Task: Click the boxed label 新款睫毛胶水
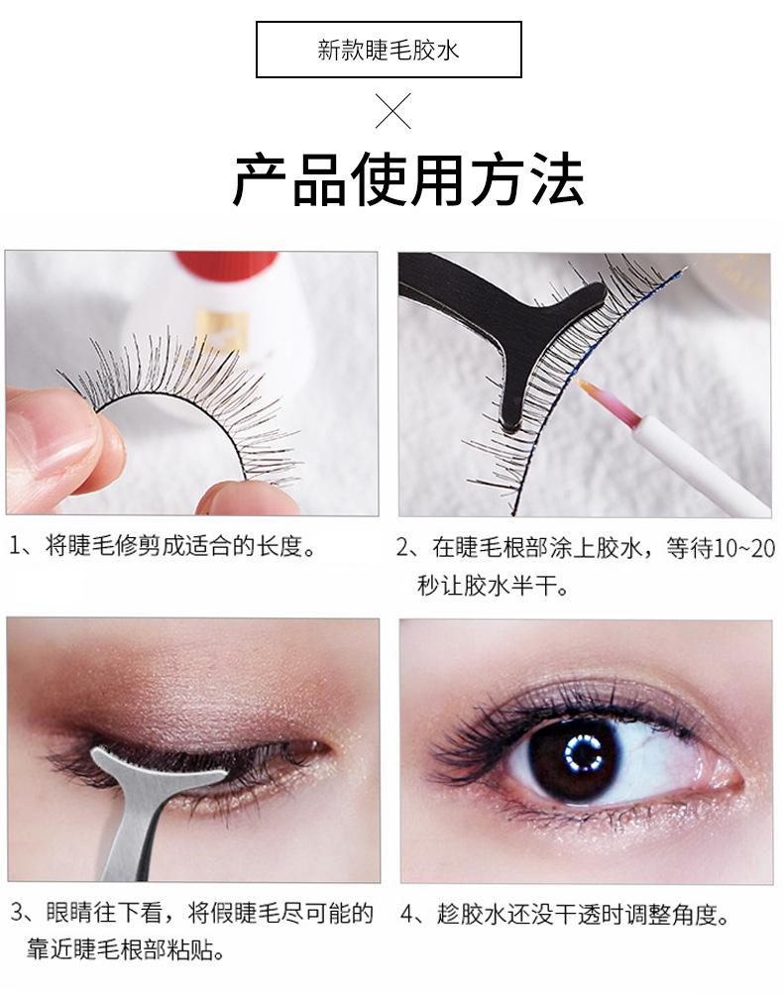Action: (x=389, y=50)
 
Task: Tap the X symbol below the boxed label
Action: (x=392, y=110)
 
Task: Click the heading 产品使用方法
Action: (x=408, y=179)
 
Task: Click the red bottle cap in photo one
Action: (x=226, y=267)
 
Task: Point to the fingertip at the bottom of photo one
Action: (x=248, y=498)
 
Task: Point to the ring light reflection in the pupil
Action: (x=581, y=753)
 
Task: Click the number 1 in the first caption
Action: (x=15, y=546)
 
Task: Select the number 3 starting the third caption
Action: (x=17, y=914)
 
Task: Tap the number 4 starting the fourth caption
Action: (x=409, y=915)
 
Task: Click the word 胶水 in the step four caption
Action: (x=472, y=915)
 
